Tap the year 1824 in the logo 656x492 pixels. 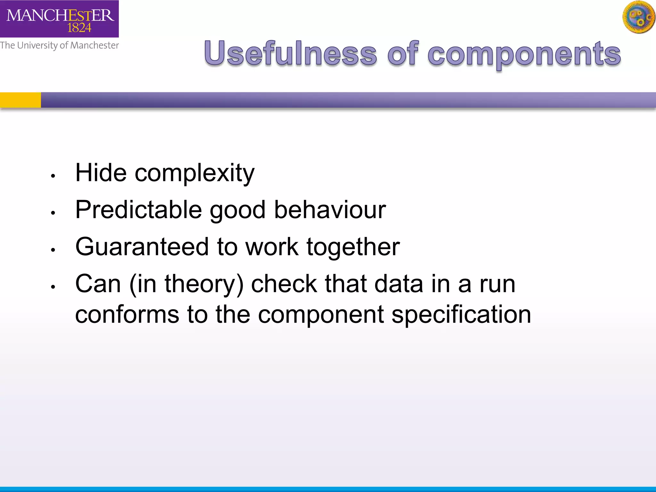click(x=79, y=28)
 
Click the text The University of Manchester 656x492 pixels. click(x=59, y=45)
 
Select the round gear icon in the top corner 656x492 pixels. click(x=638, y=17)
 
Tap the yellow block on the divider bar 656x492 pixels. click(x=20, y=100)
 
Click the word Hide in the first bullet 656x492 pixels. click(x=101, y=173)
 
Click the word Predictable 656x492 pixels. click(x=138, y=210)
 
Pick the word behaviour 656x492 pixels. click(x=330, y=210)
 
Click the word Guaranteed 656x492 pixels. click(x=142, y=247)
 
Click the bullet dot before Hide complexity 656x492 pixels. click(x=53, y=176)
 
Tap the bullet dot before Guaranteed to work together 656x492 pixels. click(x=53, y=250)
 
